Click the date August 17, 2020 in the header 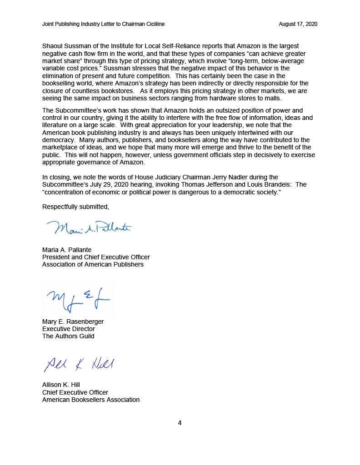298,24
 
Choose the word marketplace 62,148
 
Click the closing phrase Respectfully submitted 75,207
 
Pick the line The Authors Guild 68,336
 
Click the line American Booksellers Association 91,400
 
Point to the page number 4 180,423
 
